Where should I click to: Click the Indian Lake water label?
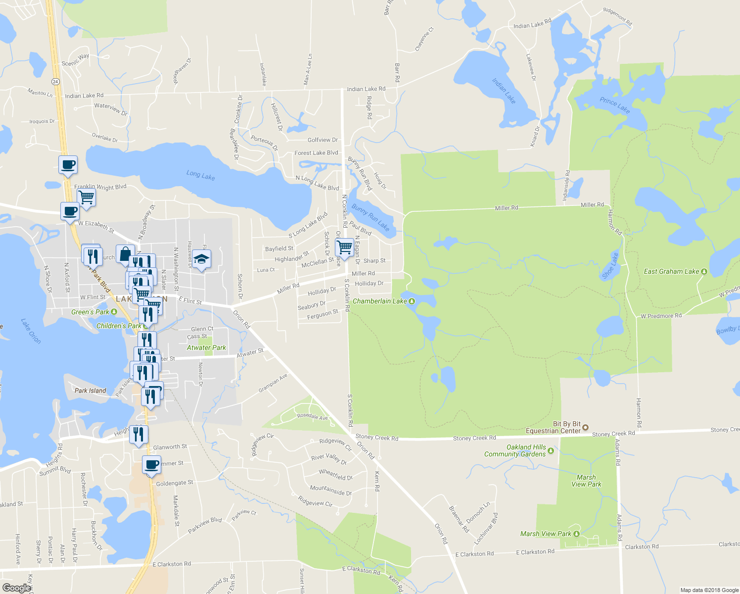(504, 91)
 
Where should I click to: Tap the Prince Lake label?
(614, 105)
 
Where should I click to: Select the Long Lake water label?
(200, 175)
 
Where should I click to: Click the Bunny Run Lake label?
(370, 217)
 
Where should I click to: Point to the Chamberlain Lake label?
(379, 301)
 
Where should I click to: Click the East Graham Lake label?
(671, 271)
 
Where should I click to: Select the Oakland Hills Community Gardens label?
(515, 450)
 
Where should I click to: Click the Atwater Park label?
(206, 347)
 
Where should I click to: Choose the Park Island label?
(90, 391)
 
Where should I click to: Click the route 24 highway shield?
(55, 81)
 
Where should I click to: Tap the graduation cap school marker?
(201, 259)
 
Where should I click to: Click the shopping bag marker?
(125, 254)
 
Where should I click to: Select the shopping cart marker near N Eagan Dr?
(344, 247)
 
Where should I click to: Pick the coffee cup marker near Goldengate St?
(152, 465)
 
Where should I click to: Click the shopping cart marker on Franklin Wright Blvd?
(87, 197)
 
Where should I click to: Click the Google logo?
(16, 588)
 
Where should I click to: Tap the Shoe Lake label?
(610, 266)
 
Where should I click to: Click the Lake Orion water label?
(31, 331)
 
